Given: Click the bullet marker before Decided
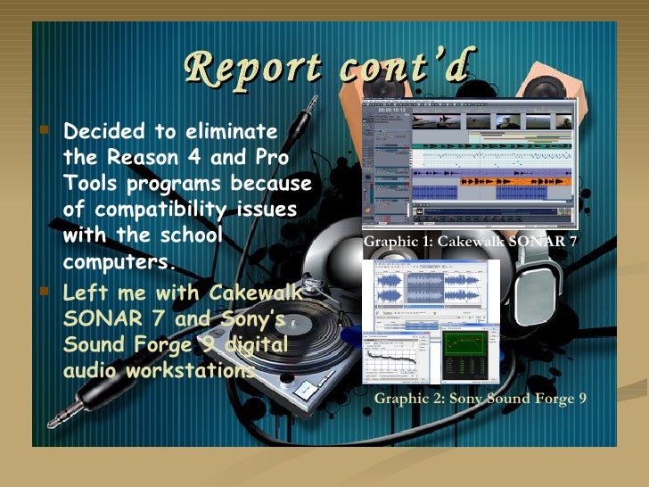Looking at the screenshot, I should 46,133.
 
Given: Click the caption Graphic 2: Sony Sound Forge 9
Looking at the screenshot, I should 480,398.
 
